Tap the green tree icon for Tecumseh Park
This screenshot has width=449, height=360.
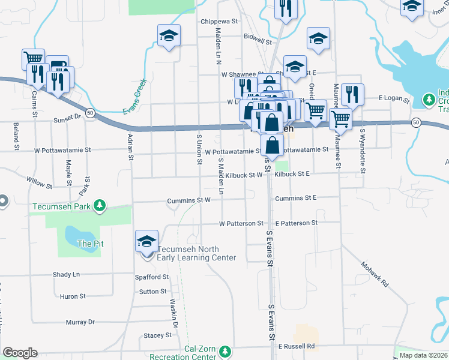point(100,206)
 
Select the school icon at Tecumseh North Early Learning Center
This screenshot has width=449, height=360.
point(147,242)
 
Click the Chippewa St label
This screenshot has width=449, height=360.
point(220,21)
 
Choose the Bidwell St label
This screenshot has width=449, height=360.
point(258,36)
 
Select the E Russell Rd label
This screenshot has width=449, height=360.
point(297,346)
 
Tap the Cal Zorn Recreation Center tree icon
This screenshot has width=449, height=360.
point(224,351)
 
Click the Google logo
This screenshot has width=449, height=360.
point(20,353)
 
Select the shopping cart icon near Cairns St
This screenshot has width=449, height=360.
point(34,59)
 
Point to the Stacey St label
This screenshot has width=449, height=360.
point(157,335)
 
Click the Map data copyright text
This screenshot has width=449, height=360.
point(423,355)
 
